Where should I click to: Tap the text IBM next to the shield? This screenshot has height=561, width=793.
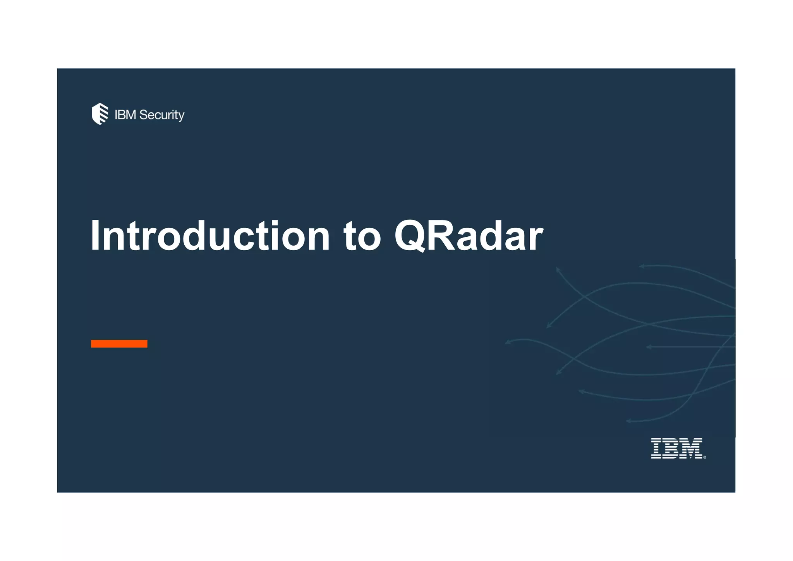(x=125, y=115)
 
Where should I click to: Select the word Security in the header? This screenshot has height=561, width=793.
(x=161, y=115)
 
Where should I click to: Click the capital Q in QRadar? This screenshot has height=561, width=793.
(x=413, y=236)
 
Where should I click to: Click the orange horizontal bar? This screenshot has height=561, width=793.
(x=119, y=344)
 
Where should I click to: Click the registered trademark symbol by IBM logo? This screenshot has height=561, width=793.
(x=704, y=458)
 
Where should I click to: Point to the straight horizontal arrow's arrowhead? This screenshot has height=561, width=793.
(x=649, y=347)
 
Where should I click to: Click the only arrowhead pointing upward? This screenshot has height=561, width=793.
(x=558, y=269)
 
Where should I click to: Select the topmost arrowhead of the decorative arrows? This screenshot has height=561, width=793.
(x=641, y=266)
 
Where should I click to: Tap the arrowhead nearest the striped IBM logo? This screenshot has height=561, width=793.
(x=628, y=421)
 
